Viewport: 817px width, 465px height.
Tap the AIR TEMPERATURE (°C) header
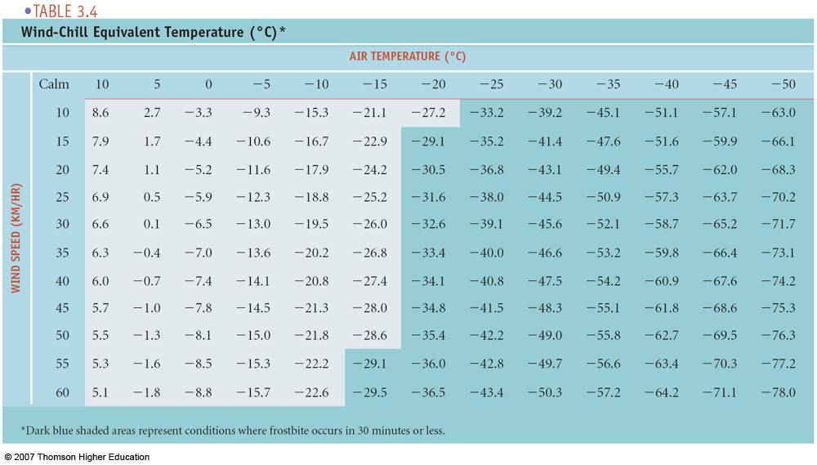[x=408, y=57]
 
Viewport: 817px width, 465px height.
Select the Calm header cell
[x=54, y=84]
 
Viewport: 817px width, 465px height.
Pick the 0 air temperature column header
[x=208, y=84]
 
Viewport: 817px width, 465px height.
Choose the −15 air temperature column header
[x=368, y=84]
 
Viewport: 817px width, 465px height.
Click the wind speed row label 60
[x=63, y=392]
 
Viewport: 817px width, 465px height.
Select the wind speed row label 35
[x=63, y=253]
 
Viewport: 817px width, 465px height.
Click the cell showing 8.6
[x=101, y=113]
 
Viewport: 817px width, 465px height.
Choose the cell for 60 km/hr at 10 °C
[x=101, y=392]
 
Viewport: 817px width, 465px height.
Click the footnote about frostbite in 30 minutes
[x=233, y=430]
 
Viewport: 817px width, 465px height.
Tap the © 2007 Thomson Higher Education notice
[x=77, y=457]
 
